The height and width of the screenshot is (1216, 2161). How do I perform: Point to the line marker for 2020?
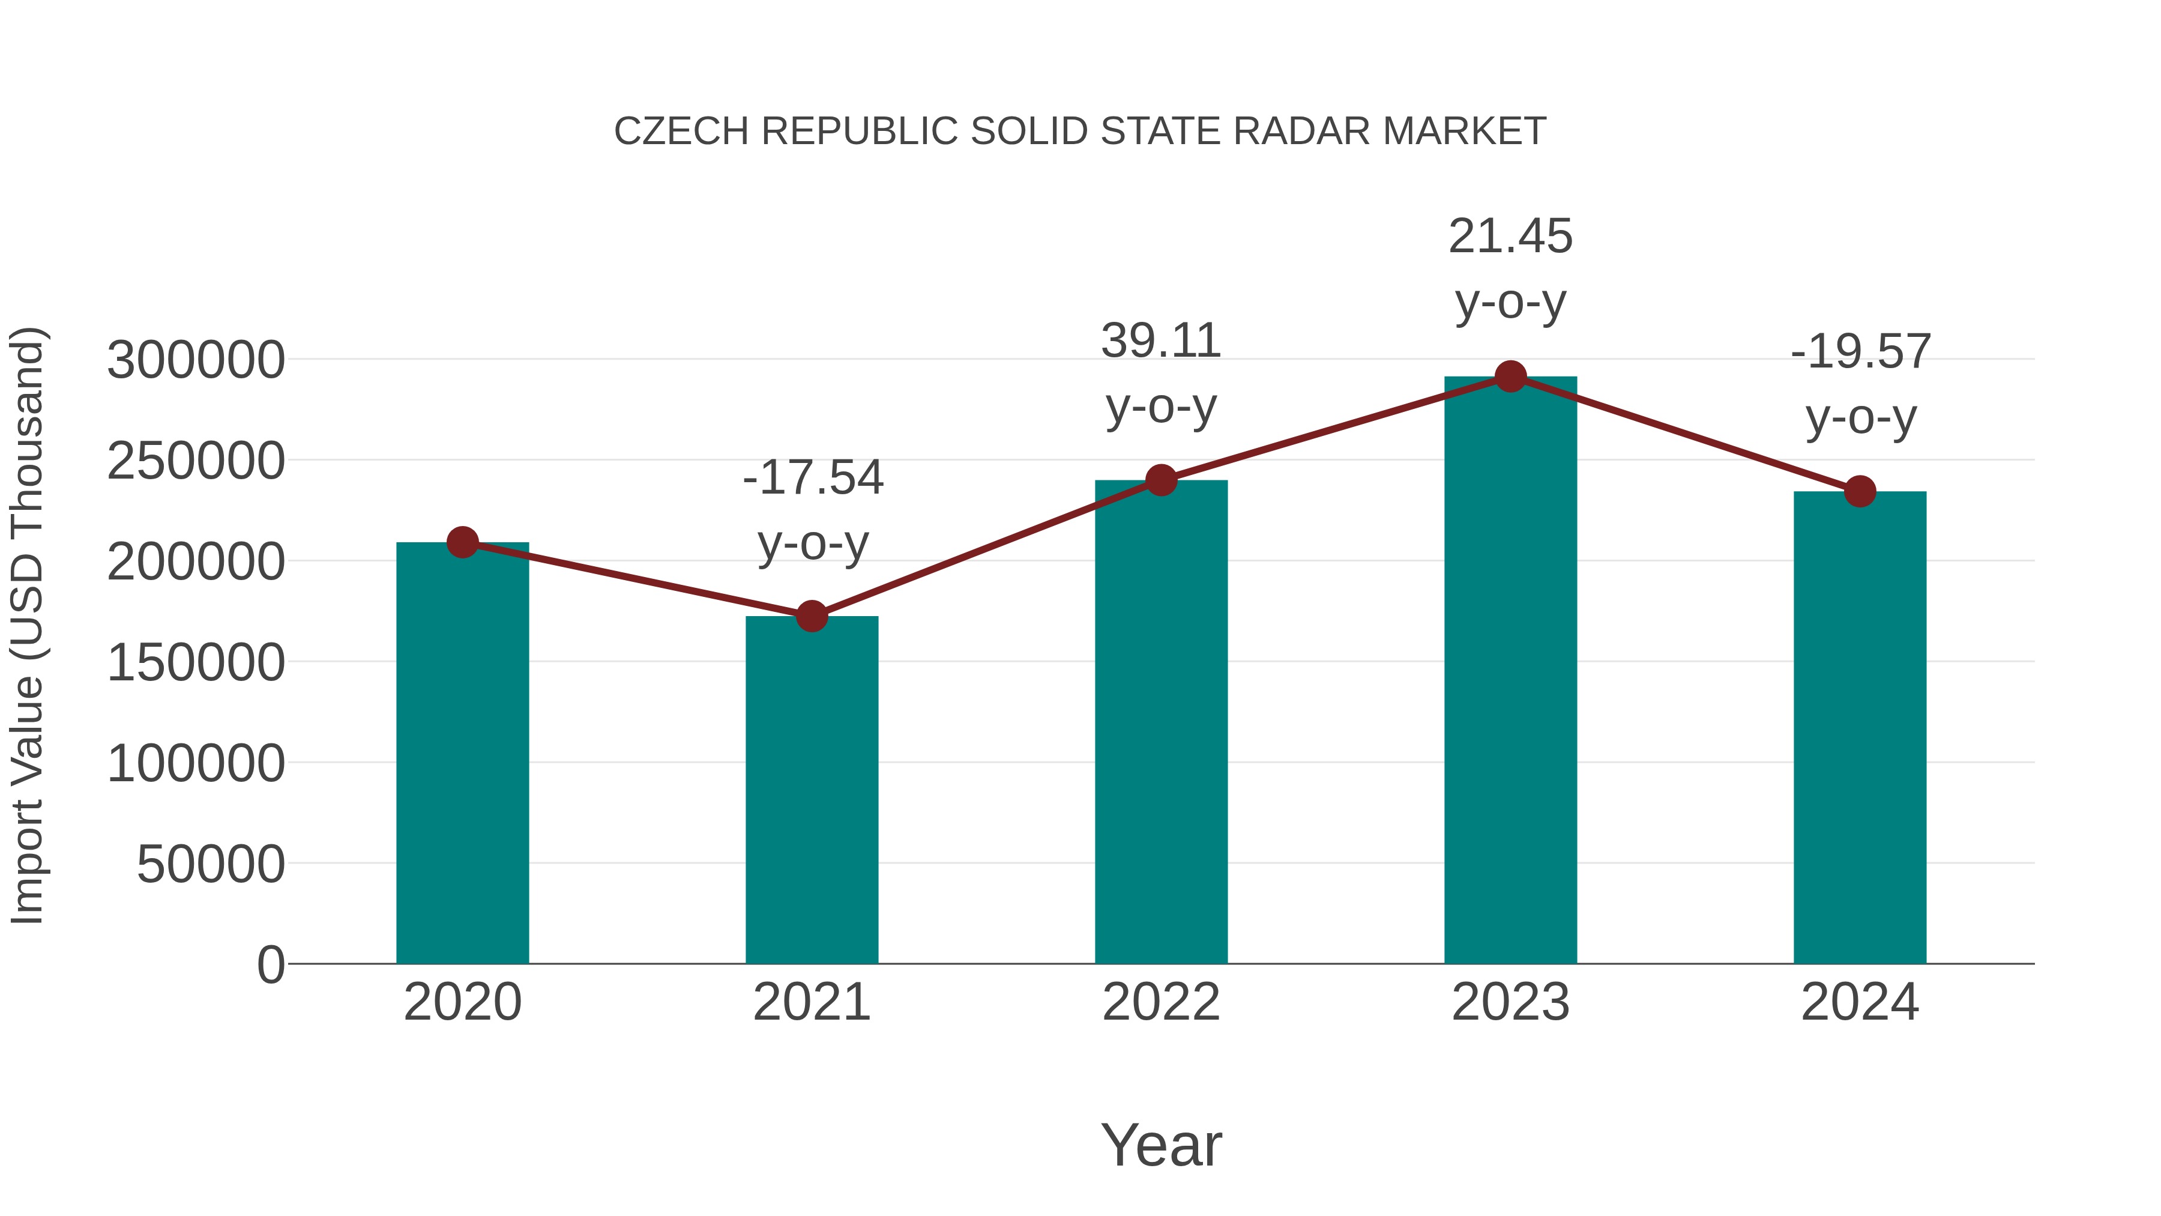pos(462,542)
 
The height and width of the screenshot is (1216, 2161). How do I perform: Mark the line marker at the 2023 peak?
pos(1510,377)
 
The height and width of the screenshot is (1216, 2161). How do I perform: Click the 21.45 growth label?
pos(1510,237)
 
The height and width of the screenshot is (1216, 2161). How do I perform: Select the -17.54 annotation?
pos(813,479)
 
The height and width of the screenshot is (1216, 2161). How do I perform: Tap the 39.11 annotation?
pos(1161,342)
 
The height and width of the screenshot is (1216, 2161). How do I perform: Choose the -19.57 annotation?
pos(1860,352)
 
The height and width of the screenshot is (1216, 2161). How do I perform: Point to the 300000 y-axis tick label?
pos(196,360)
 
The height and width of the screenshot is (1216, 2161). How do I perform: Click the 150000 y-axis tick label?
pos(196,663)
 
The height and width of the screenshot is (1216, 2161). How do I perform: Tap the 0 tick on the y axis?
pos(270,964)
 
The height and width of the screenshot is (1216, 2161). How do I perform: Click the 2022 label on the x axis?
pos(1161,1002)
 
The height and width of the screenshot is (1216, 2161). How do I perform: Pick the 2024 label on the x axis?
pos(1860,1002)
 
